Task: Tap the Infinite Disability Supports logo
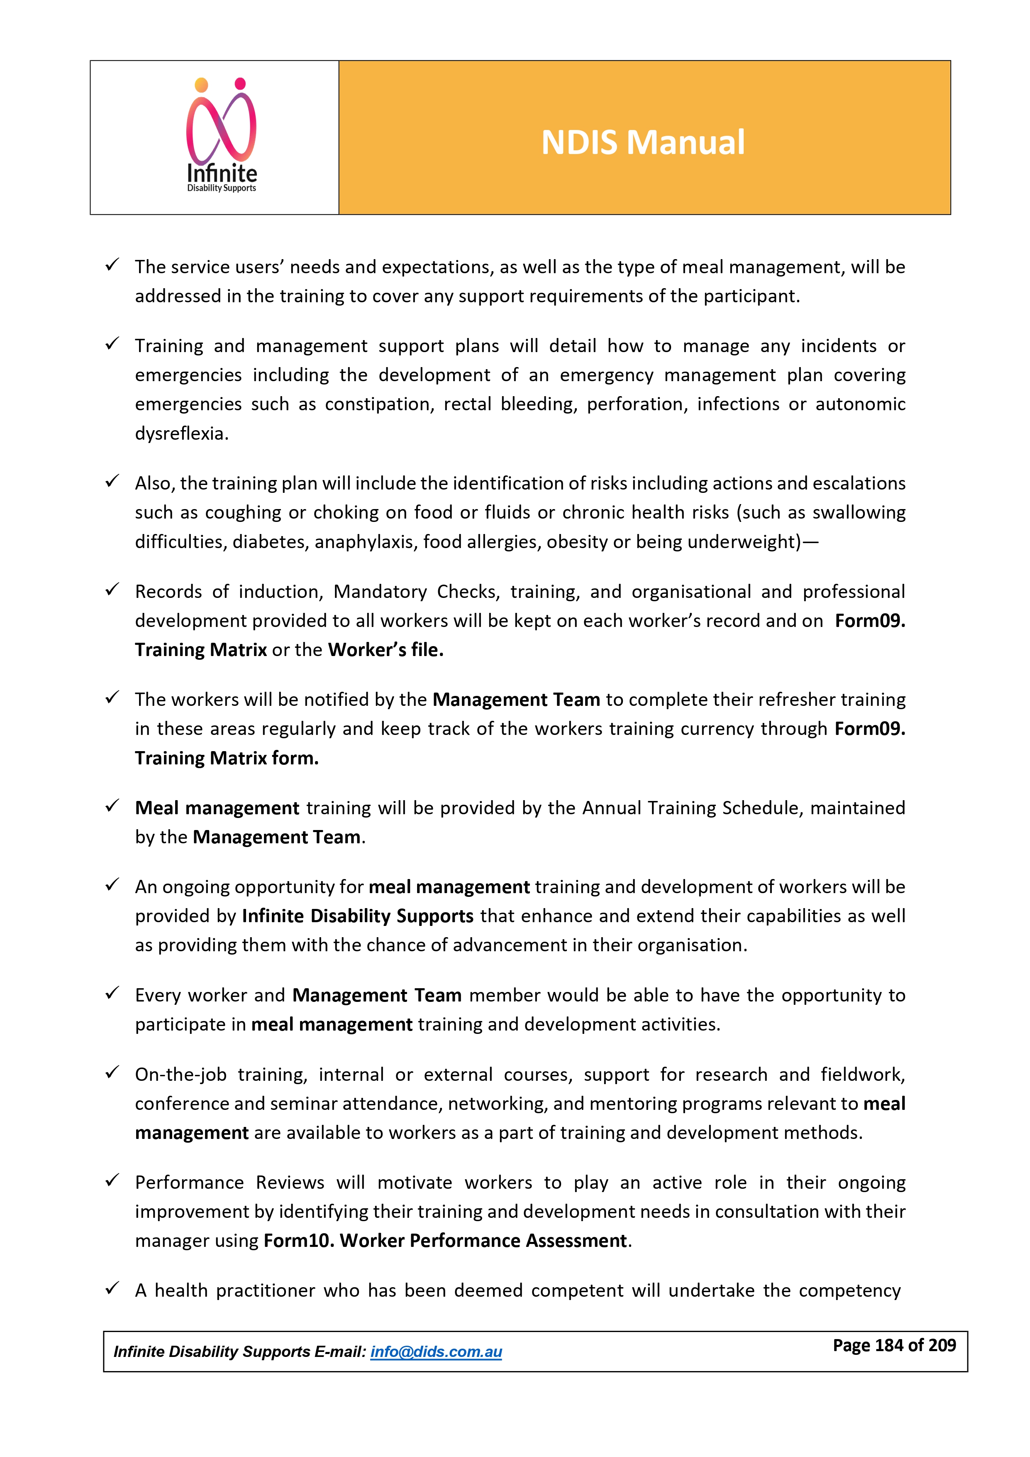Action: pyautogui.click(x=221, y=137)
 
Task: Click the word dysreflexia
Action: pyautogui.click(x=181, y=433)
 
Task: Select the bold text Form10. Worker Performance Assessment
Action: pyautogui.click(x=445, y=1241)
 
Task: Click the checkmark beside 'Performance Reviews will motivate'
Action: pyautogui.click(x=112, y=1180)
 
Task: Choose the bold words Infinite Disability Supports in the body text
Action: pyautogui.click(x=358, y=916)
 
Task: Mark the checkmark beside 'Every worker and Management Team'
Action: pyautogui.click(x=112, y=993)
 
